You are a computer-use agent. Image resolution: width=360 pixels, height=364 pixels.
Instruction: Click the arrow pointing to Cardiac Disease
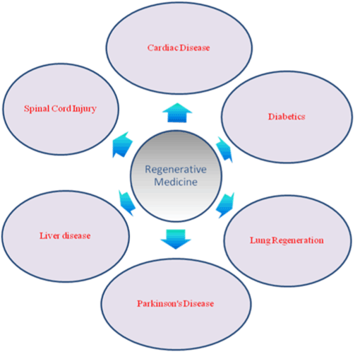(x=177, y=113)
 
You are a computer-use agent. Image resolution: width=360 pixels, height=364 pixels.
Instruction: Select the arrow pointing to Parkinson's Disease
(x=176, y=239)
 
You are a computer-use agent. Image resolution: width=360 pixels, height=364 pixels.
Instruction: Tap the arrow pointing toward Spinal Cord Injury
(x=122, y=145)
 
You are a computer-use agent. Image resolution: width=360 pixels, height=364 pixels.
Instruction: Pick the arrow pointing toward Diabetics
(x=224, y=149)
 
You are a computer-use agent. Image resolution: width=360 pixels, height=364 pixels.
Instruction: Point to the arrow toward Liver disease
(x=127, y=203)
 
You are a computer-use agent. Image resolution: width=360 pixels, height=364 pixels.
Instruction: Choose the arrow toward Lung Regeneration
(x=225, y=205)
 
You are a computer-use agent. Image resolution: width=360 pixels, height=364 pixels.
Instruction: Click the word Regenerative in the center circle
(x=176, y=170)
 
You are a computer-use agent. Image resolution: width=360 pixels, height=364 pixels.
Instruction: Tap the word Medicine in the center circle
(x=176, y=182)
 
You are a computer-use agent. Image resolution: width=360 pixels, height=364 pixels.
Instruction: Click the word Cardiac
(x=163, y=48)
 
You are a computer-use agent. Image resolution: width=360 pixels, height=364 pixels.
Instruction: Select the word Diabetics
(x=287, y=117)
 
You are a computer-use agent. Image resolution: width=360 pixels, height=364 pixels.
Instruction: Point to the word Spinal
(x=37, y=109)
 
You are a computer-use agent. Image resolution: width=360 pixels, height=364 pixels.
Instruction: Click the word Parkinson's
(x=160, y=303)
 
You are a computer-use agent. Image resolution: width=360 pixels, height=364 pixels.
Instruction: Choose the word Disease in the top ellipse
(x=195, y=48)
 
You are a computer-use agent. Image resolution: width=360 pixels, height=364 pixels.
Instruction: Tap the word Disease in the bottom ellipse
(x=198, y=303)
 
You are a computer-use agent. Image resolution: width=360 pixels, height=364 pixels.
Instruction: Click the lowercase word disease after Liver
(x=76, y=235)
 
